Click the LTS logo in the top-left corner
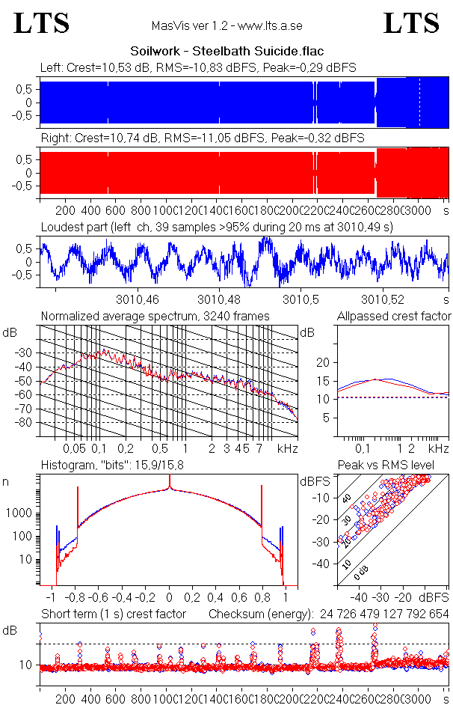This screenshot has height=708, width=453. pyautogui.click(x=42, y=22)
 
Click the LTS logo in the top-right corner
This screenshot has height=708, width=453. pyautogui.click(x=411, y=22)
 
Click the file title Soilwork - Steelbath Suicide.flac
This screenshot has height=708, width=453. pyautogui.click(x=226, y=52)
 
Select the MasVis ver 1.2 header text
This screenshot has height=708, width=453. pyautogui.click(x=226, y=25)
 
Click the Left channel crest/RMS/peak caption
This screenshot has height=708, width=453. pyautogui.click(x=198, y=67)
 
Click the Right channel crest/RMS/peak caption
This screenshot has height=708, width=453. pyautogui.click(x=202, y=138)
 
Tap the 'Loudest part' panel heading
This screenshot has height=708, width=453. pyautogui.click(x=217, y=226)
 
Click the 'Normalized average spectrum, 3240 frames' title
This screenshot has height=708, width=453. pyautogui.click(x=155, y=317)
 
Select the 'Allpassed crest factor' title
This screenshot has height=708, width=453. pyautogui.click(x=394, y=317)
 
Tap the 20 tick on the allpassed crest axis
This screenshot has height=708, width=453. pyautogui.click(x=323, y=362)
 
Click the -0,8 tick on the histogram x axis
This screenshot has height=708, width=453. pyautogui.click(x=75, y=599)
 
